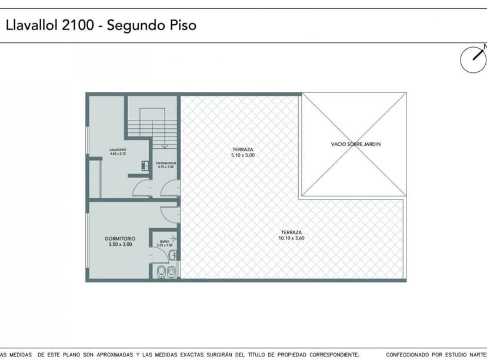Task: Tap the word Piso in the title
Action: (182, 25)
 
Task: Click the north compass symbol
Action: (473, 59)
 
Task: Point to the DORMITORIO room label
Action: (120, 238)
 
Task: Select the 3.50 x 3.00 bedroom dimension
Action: (120, 244)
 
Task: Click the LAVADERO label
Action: (118, 150)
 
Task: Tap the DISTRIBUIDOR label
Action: (166, 163)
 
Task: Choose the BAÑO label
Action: (165, 241)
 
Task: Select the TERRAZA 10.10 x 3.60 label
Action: (291, 235)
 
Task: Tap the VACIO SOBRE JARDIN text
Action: (353, 144)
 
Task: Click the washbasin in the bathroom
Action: (172, 255)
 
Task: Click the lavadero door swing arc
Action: (142, 188)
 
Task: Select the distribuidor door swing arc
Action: (170, 188)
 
